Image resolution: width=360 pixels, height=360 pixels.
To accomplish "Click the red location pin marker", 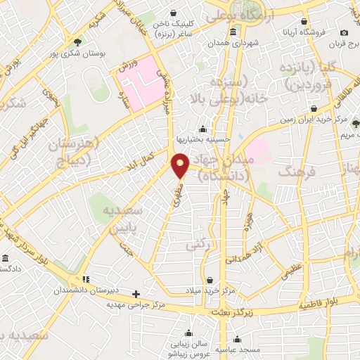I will coord(180,165).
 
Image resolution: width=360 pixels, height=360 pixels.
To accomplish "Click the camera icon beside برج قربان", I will coord(344,32).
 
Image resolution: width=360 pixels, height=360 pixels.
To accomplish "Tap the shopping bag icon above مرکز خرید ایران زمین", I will coord(314,109).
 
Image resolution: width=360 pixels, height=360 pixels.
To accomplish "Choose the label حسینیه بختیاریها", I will coord(203,139).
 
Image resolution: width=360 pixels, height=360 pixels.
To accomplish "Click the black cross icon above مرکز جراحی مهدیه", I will coord(136,294).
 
